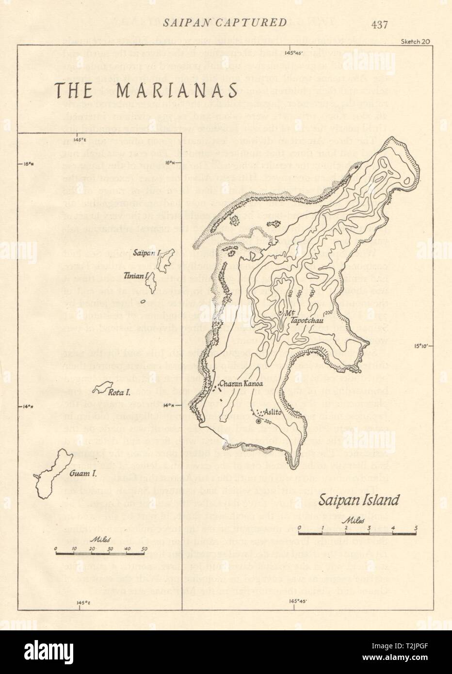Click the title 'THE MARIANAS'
pos(146,91)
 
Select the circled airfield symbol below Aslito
pos(258,421)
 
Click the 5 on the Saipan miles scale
pos(415,528)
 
